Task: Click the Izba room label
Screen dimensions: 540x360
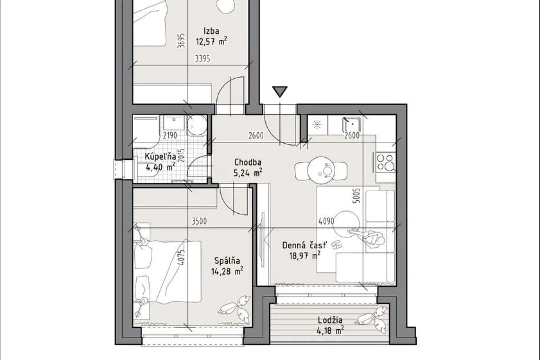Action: click(x=211, y=31)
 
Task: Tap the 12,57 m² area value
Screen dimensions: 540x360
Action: click(x=211, y=42)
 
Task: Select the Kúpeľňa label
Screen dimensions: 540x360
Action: click(x=160, y=156)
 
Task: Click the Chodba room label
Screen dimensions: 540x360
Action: click(x=248, y=162)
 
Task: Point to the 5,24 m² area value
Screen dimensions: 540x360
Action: click(x=248, y=172)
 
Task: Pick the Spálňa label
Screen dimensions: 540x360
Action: click(x=227, y=261)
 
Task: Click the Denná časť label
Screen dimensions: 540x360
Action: click(x=305, y=246)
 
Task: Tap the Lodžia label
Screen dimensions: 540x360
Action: click(x=330, y=320)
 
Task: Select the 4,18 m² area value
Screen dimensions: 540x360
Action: click(x=330, y=330)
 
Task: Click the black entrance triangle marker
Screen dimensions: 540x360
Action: click(x=280, y=91)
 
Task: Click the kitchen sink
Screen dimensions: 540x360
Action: click(x=352, y=124)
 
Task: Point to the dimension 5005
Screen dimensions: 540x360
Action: click(x=357, y=195)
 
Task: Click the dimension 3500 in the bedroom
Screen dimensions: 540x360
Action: click(x=199, y=221)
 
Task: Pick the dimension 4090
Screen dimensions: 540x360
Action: click(x=326, y=221)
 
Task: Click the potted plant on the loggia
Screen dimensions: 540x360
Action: click(x=373, y=319)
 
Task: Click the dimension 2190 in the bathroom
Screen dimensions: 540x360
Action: click(x=170, y=135)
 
